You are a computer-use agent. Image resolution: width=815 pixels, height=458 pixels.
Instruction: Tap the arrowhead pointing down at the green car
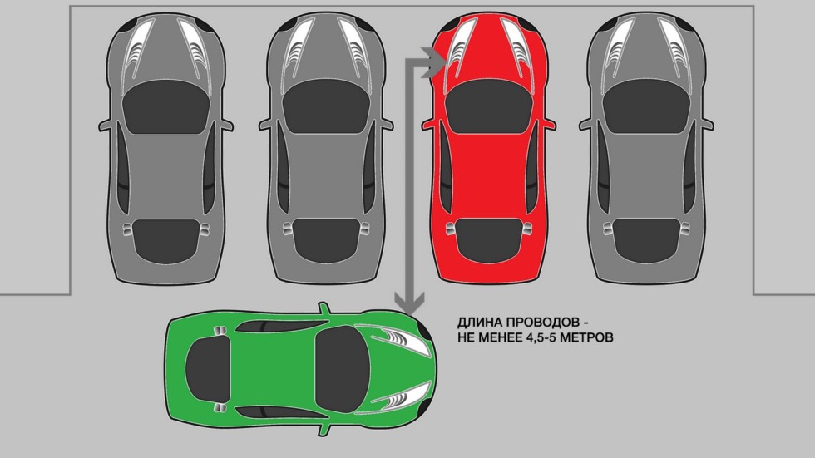[409, 303]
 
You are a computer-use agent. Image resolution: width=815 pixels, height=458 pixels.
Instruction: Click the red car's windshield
[490, 106]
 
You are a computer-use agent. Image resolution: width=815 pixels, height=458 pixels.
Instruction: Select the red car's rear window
[490, 240]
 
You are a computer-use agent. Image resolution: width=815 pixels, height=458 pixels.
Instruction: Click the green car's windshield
[343, 370]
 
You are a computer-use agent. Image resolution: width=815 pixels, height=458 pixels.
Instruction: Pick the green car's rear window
[207, 370]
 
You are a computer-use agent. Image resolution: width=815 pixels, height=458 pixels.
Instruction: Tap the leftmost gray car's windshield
[165, 106]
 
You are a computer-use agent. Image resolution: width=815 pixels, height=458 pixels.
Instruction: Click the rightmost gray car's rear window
[647, 240]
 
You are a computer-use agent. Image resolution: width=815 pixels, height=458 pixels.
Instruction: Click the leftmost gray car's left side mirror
[106, 125]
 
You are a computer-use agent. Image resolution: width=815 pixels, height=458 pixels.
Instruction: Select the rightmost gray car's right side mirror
[706, 125]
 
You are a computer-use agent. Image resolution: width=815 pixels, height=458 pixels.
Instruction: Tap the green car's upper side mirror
[324, 308]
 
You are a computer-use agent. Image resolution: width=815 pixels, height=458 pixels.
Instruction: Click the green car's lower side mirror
[324, 429]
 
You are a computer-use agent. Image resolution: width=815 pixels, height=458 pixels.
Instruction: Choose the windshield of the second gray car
[326, 106]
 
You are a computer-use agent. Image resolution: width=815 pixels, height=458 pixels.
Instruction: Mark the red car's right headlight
[517, 46]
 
